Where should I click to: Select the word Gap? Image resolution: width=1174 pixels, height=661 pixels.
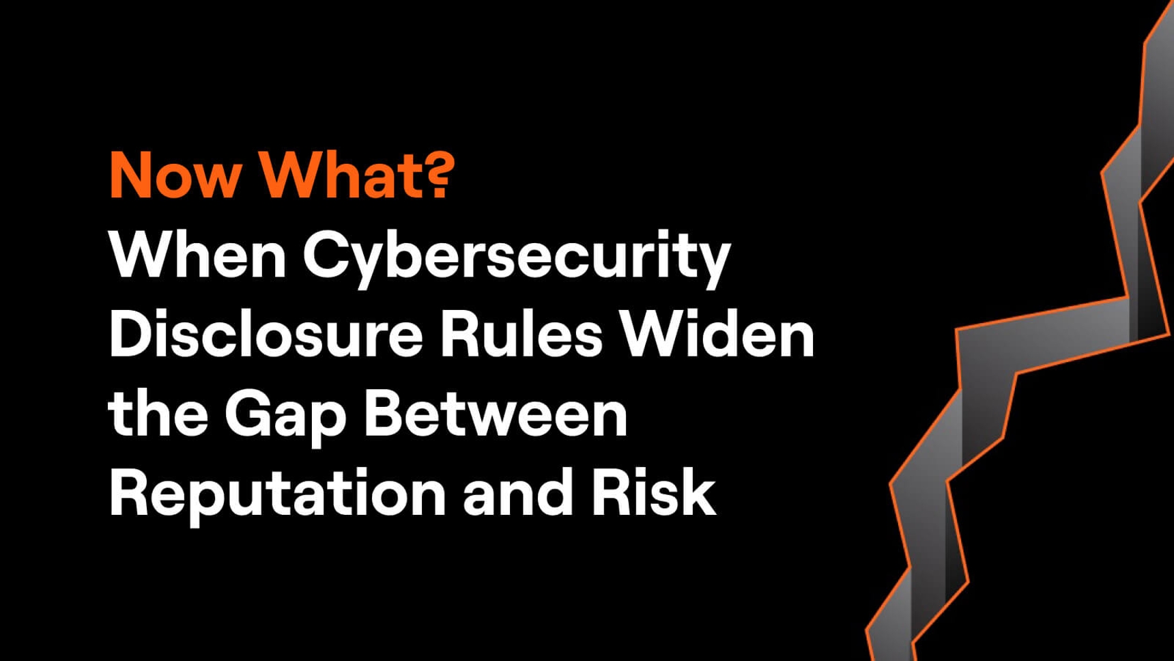point(286,418)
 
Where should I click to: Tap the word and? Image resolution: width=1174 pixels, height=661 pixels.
point(518,492)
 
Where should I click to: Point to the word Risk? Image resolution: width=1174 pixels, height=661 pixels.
point(653,492)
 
